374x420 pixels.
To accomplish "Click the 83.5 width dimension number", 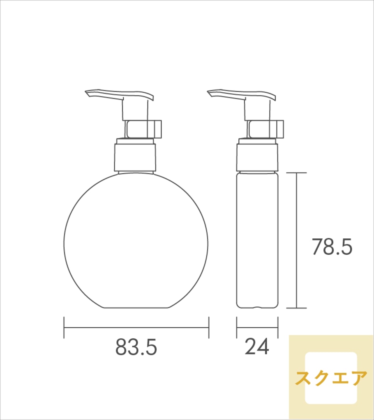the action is [x=136, y=347].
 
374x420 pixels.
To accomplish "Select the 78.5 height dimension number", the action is [x=332, y=247].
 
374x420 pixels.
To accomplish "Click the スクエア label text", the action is [x=331, y=378].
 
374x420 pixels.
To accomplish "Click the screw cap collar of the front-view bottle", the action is [x=135, y=157].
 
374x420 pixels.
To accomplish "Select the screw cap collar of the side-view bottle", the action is [x=257, y=157].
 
